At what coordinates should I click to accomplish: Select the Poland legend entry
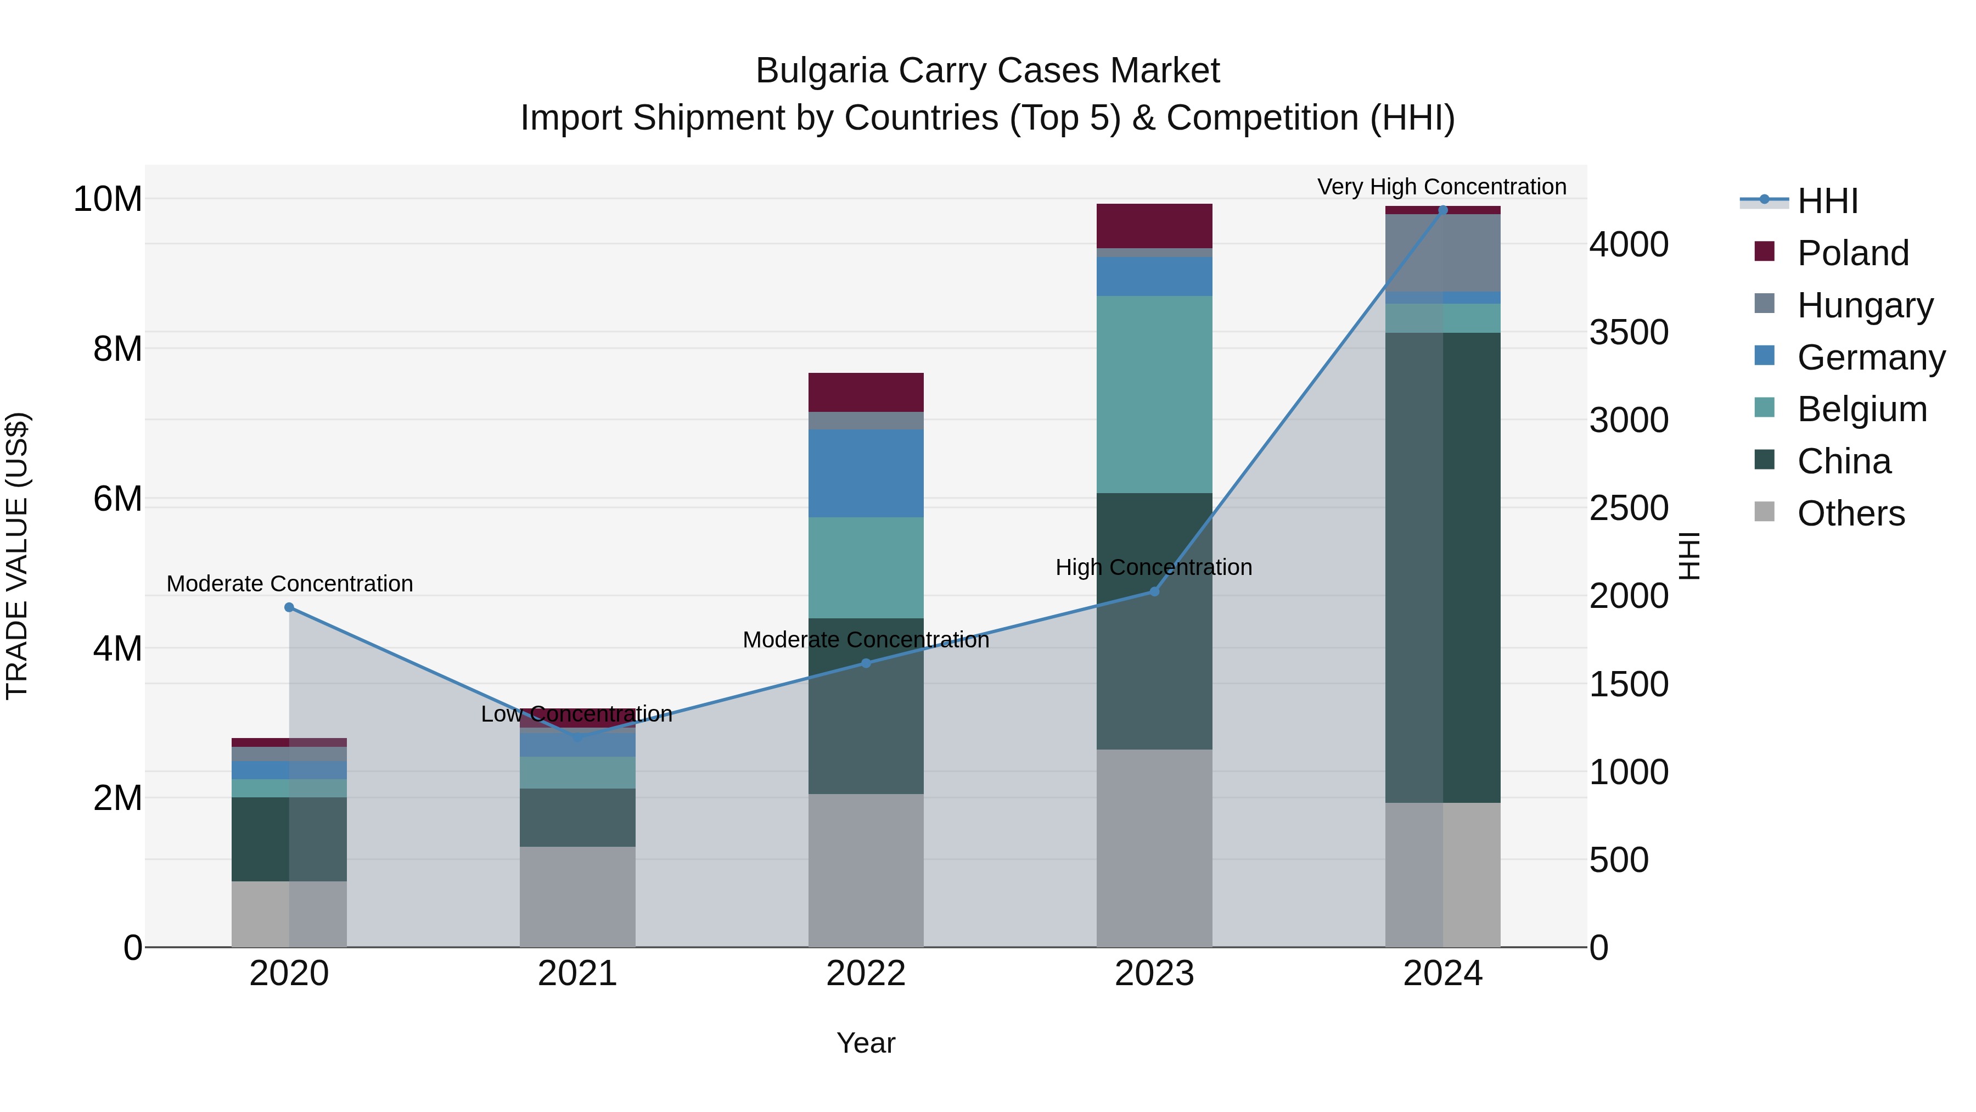point(1852,253)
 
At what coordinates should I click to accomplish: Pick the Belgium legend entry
point(1861,409)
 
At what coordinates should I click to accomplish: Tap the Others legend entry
point(1850,513)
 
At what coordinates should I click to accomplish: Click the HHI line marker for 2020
point(289,607)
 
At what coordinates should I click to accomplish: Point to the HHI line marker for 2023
point(1154,591)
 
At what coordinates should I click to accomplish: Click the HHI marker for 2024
point(1442,210)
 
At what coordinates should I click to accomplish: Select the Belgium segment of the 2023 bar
point(1154,394)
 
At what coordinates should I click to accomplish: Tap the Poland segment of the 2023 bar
point(1154,226)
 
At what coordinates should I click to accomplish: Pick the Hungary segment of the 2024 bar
point(1442,253)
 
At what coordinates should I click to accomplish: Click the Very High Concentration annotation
point(1441,187)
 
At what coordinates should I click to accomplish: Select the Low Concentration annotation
point(576,714)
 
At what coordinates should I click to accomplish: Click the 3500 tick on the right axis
point(1628,332)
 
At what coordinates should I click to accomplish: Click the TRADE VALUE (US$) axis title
point(17,556)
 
